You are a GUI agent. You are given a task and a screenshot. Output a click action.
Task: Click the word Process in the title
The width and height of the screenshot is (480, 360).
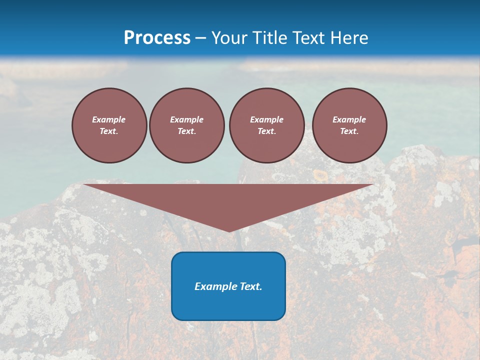[157, 38]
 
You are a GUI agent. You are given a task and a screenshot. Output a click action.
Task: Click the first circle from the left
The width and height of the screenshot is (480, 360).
[109, 125]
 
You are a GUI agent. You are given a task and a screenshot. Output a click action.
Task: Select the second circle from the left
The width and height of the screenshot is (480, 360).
[186, 125]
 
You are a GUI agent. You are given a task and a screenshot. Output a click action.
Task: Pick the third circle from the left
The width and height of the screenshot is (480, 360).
[266, 125]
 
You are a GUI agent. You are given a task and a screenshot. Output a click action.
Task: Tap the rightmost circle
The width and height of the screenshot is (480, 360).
[349, 125]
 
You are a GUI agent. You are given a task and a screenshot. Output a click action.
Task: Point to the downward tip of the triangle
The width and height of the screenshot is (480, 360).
[229, 230]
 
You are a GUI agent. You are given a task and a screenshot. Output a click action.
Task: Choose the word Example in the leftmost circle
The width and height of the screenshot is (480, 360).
[109, 119]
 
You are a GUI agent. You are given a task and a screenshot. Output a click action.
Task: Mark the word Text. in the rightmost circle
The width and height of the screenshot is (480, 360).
[349, 131]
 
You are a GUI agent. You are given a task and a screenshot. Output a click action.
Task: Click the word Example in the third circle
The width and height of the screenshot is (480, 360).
[266, 119]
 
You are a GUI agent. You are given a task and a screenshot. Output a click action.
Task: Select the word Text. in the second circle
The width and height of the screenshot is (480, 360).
[186, 131]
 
